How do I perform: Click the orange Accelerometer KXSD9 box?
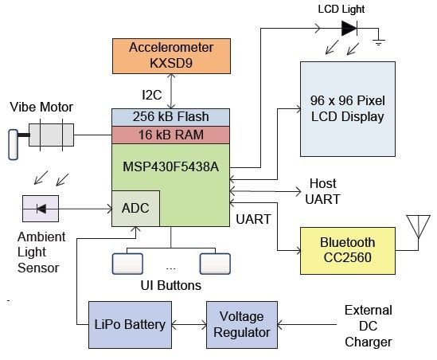coord(171,56)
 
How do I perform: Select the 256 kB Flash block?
coord(170,117)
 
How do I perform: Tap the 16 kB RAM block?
coord(170,135)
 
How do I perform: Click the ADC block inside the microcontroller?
coord(136,209)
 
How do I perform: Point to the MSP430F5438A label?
coord(170,166)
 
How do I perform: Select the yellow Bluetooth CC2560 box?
coord(348,251)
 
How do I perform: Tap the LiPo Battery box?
coord(130,325)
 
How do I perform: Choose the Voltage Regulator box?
coord(242,325)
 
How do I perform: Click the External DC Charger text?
coord(369,326)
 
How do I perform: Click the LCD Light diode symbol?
coord(349,28)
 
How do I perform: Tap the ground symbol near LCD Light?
coord(379,42)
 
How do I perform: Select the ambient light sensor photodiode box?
coord(41,209)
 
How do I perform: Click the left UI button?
coord(127,264)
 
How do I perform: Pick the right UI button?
coord(215,264)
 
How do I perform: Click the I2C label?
coord(151,95)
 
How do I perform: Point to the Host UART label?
coord(322,191)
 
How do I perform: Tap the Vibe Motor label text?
coord(41,107)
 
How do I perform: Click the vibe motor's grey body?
coord(51,135)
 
